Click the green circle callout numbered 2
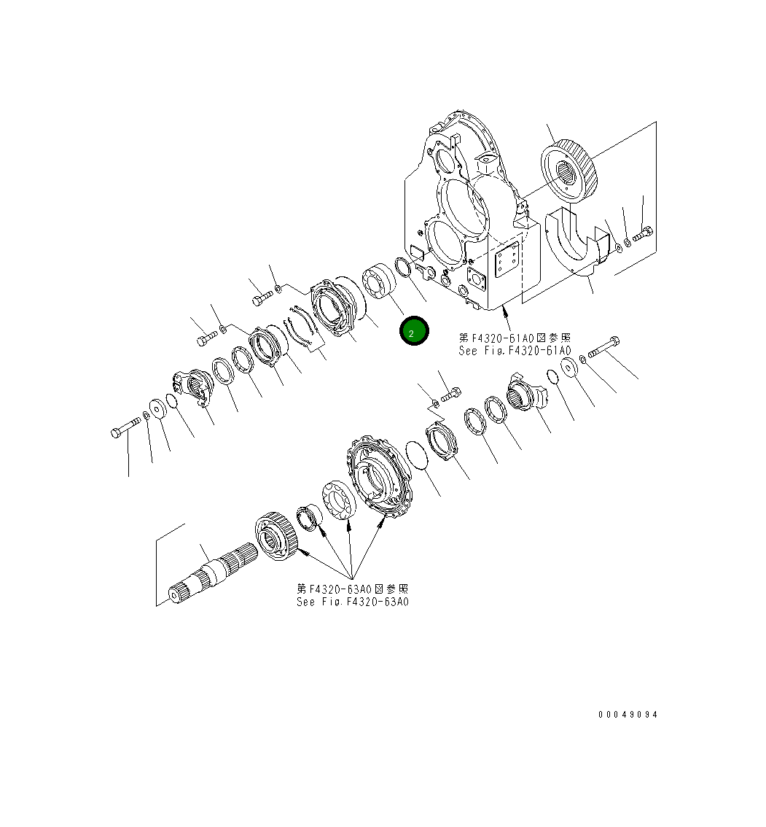(414, 332)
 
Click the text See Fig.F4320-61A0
(515, 351)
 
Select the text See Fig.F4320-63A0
(353, 602)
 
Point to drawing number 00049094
(628, 715)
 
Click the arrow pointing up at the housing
(507, 320)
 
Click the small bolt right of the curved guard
(642, 234)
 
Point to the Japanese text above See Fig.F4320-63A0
(353, 589)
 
